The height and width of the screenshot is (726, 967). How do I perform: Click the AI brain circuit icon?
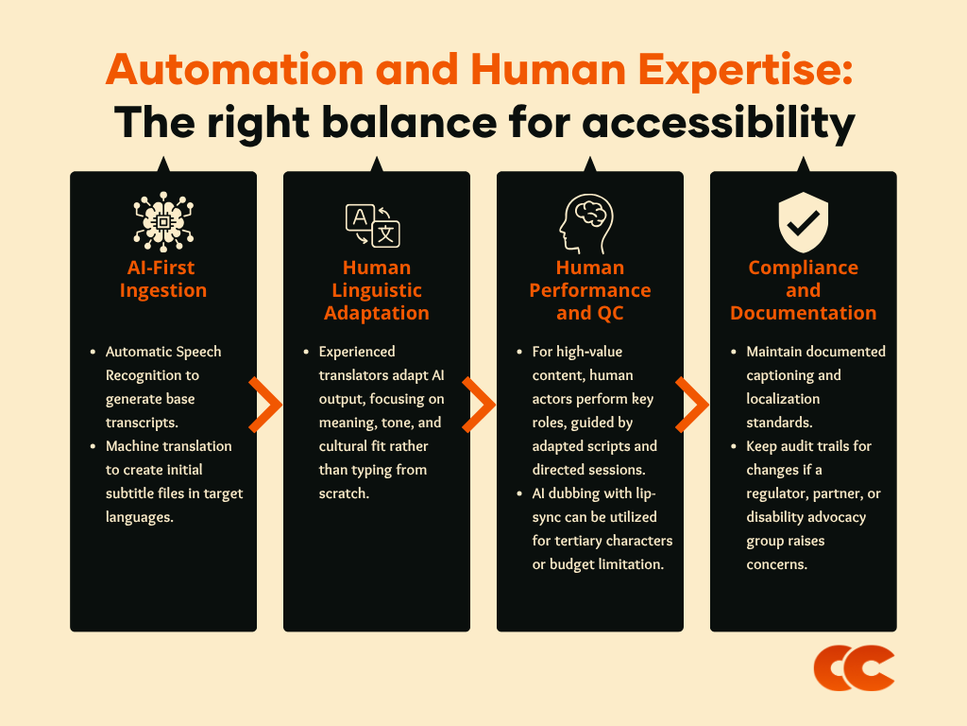(x=163, y=220)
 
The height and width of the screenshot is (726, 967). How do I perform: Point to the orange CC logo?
(x=854, y=668)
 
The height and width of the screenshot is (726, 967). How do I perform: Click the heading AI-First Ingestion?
(x=163, y=279)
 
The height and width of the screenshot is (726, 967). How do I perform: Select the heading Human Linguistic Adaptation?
(x=377, y=290)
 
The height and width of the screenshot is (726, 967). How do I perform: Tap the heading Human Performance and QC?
(x=590, y=290)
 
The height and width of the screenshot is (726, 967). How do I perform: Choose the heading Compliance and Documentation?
(x=804, y=290)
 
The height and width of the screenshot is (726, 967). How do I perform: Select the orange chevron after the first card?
(x=265, y=405)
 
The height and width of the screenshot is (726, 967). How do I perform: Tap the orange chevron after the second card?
(x=479, y=405)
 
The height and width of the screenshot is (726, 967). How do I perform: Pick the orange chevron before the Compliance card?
(x=692, y=405)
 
